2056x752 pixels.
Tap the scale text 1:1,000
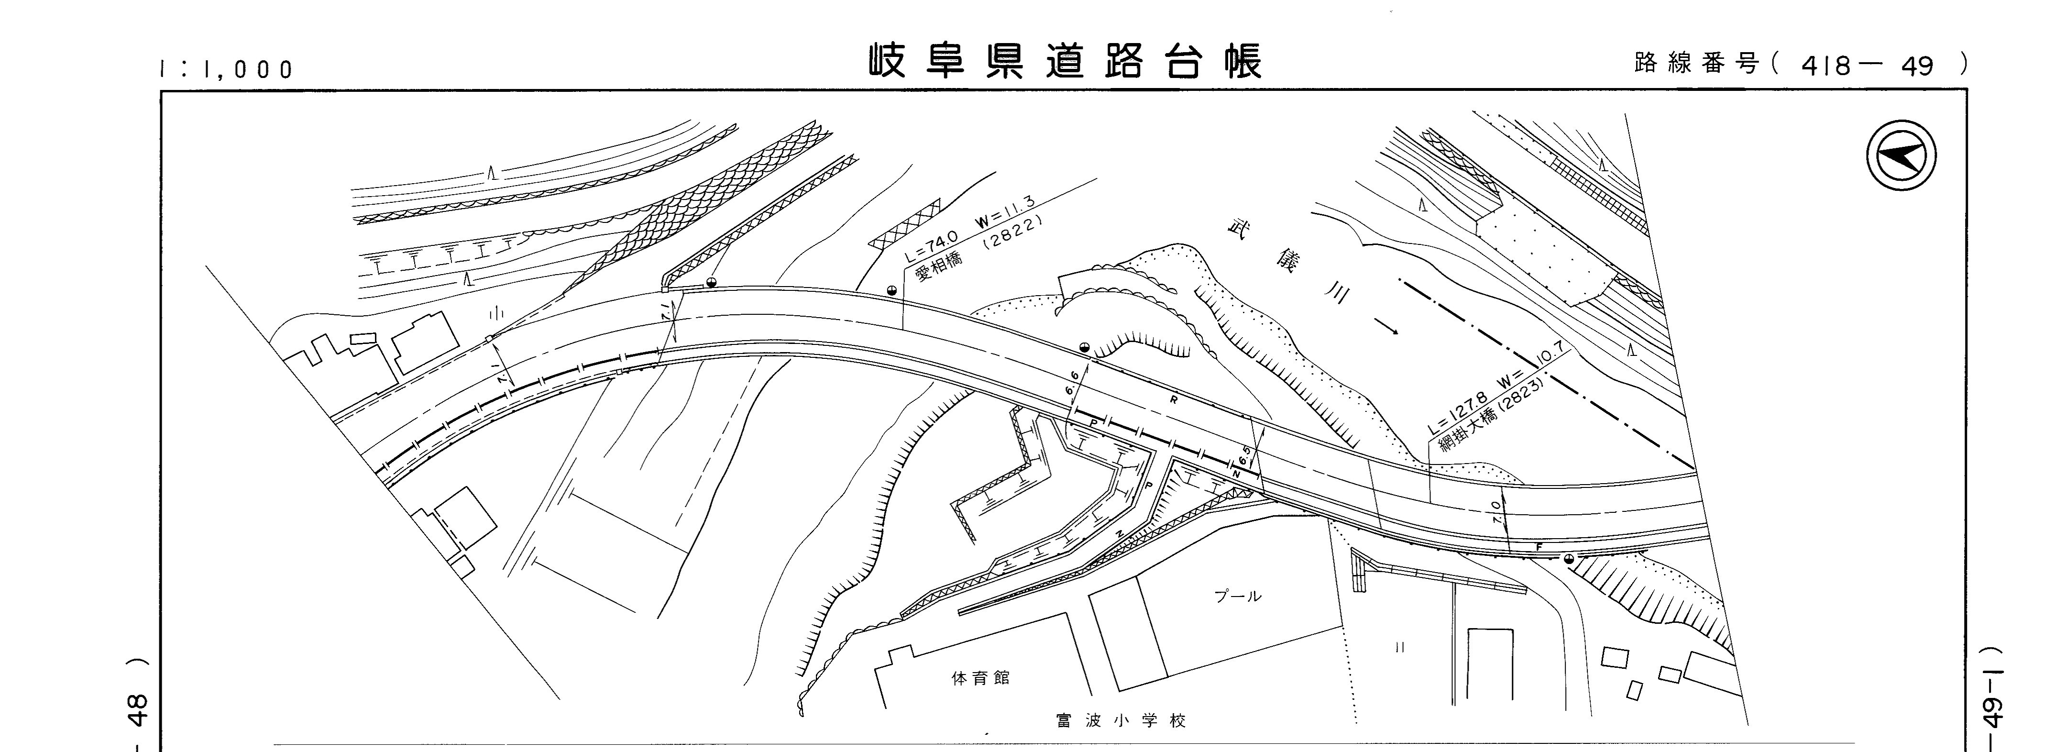(x=227, y=69)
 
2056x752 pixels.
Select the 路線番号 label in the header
(x=1696, y=64)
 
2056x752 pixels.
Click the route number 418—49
(x=1868, y=66)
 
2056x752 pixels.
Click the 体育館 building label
(x=981, y=678)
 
